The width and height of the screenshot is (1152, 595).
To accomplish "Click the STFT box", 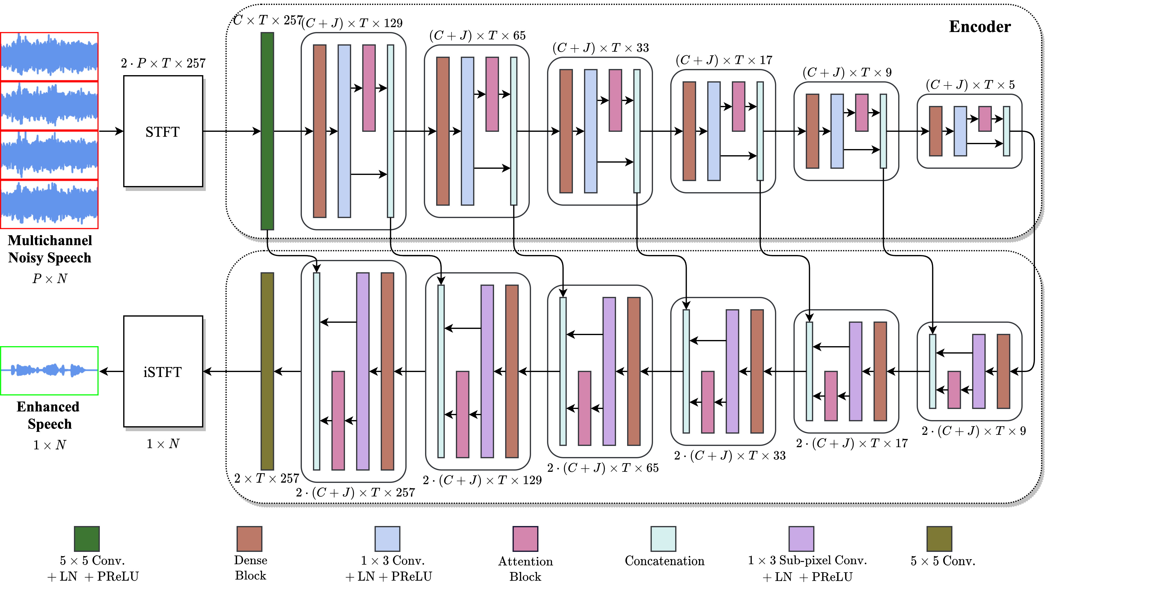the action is tap(163, 131).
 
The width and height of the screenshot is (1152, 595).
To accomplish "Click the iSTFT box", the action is tap(163, 372).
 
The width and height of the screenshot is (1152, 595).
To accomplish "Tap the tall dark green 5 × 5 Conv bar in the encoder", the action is tap(267, 131).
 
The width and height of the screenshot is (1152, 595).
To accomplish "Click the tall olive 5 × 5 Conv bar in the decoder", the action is tap(267, 371).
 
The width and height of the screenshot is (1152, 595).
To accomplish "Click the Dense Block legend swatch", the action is tap(249, 539).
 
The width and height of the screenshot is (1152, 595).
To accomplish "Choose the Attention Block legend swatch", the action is tap(525, 539).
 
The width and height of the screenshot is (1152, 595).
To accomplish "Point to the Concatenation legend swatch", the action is tap(663, 539).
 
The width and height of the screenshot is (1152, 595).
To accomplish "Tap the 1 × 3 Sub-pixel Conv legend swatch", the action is tap(801, 539).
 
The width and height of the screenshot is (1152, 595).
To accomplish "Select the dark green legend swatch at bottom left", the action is tap(87, 539).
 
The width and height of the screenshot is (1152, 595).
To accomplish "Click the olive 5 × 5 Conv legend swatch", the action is tap(939, 539).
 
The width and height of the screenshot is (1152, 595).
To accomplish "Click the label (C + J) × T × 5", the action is tap(970, 85).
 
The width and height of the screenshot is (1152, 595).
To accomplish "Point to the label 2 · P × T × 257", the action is tap(163, 63).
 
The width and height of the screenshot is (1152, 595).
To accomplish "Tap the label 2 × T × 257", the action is tap(267, 478).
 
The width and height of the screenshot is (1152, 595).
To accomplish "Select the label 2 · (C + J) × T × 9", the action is tap(974, 431).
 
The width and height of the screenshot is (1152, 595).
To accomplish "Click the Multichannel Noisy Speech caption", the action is tap(50, 249).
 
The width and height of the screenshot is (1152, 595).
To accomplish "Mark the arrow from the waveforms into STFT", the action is tap(111, 131).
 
